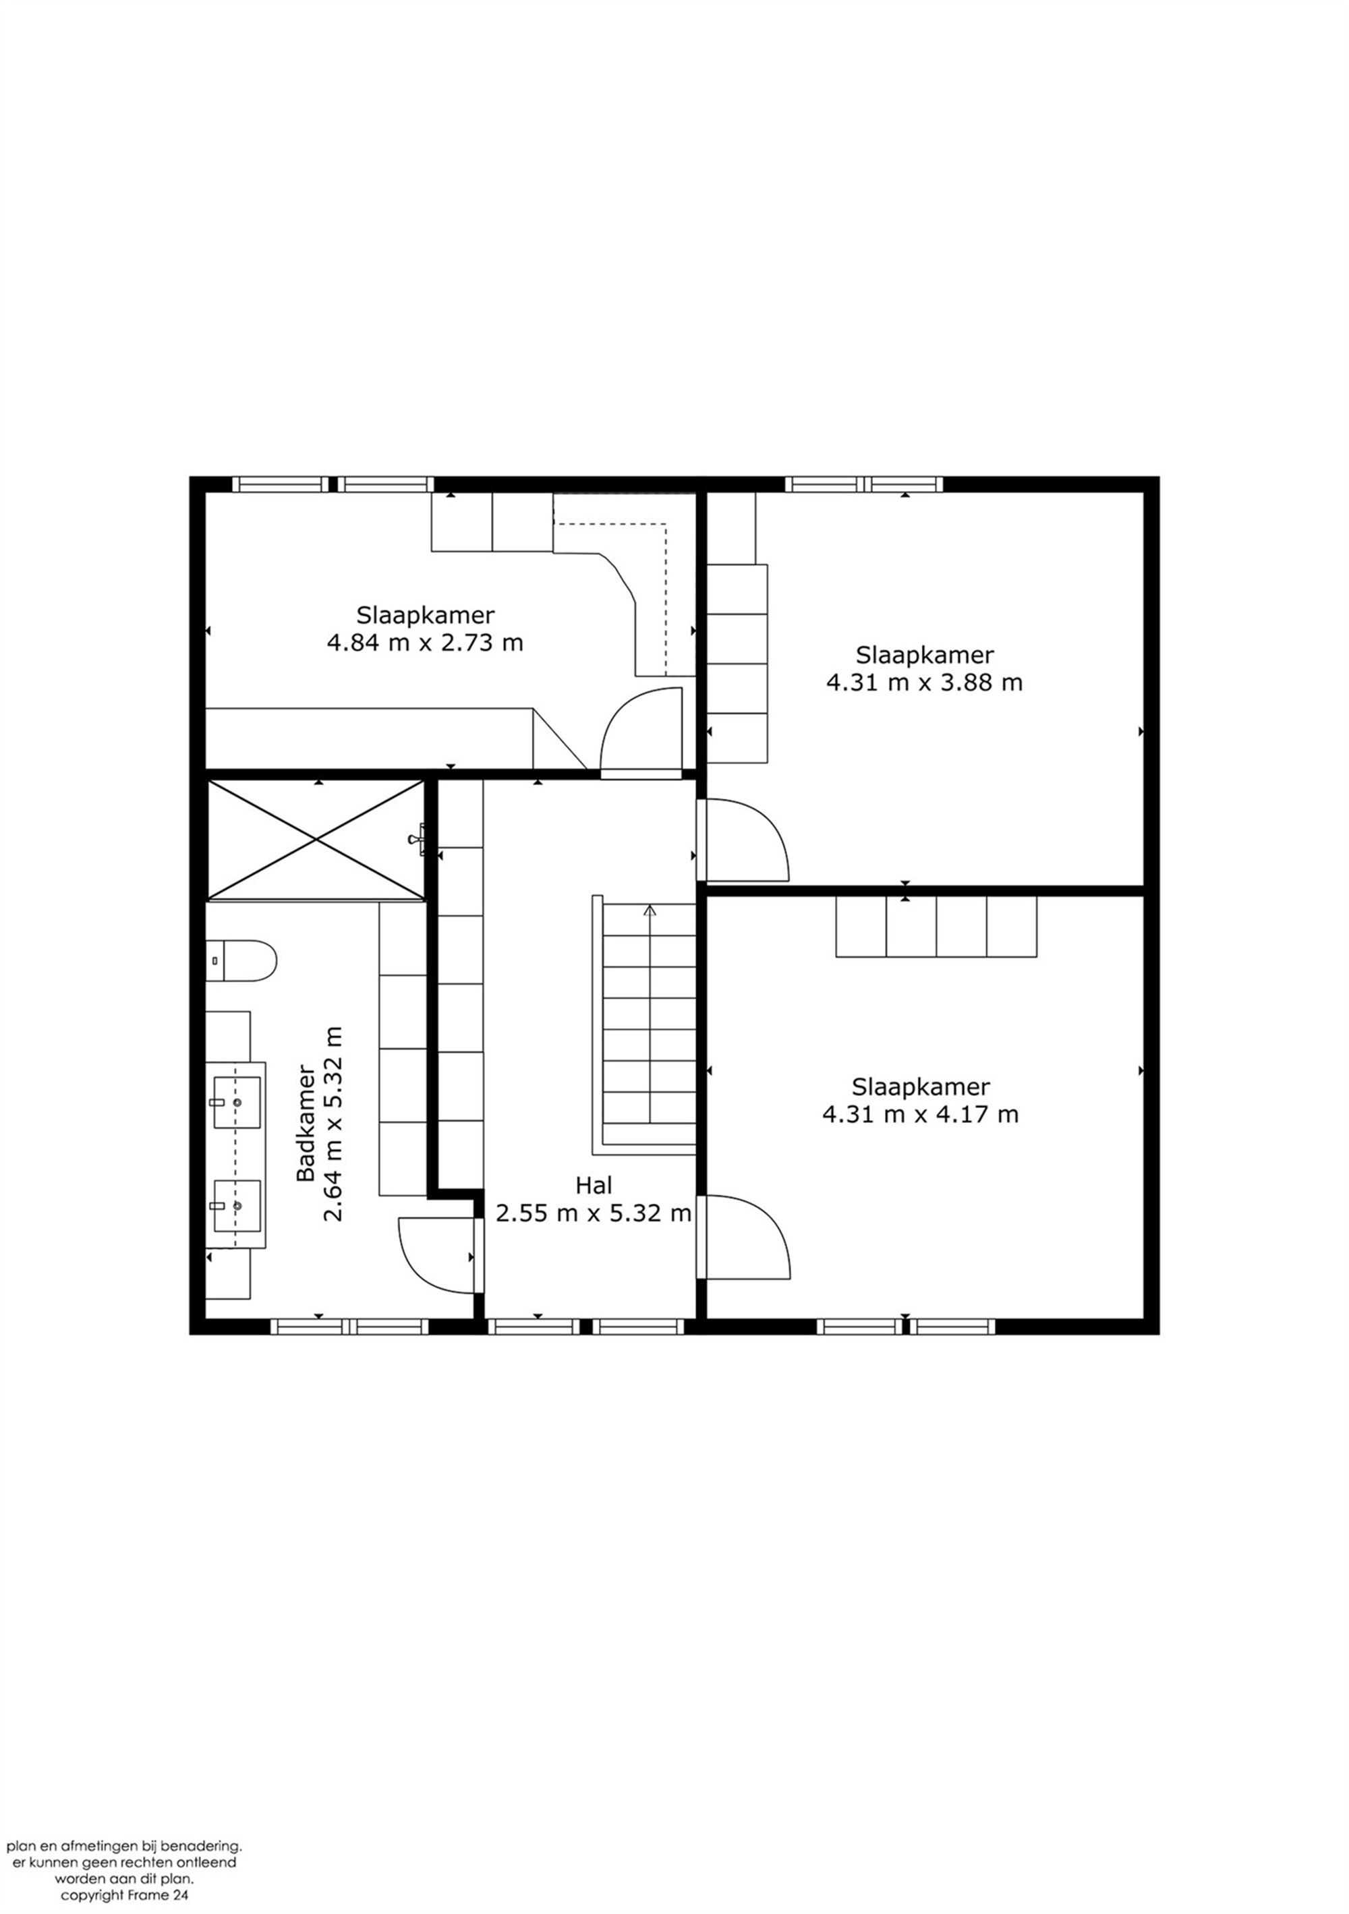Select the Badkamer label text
pyautogui.click(x=306, y=1122)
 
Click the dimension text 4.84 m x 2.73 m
pyautogui.click(x=425, y=643)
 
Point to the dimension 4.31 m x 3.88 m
pyautogui.click(x=924, y=682)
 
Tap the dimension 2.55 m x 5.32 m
pyautogui.click(x=594, y=1212)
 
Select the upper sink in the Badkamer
pyautogui.click(x=237, y=1102)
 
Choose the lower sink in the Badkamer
pyautogui.click(x=237, y=1205)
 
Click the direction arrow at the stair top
pyautogui.click(x=650, y=911)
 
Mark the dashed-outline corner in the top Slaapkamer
pyautogui.click(x=665, y=524)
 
